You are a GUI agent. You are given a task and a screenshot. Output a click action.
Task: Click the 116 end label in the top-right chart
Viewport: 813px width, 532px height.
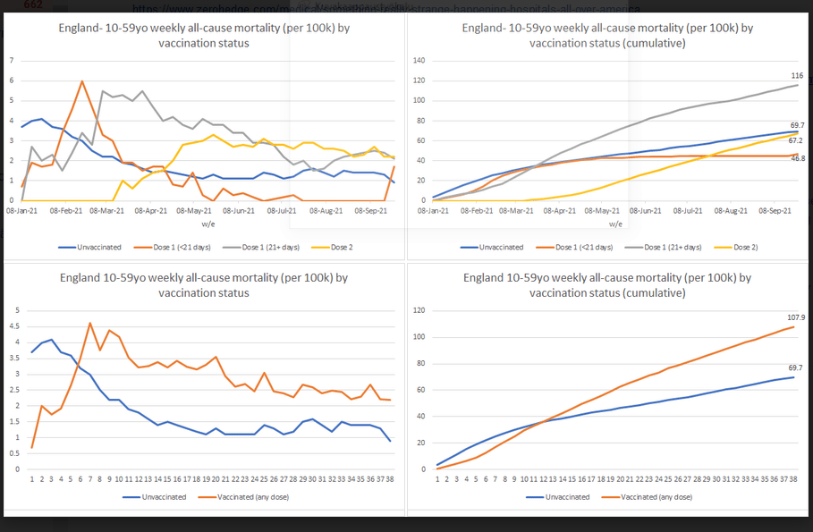[796, 76]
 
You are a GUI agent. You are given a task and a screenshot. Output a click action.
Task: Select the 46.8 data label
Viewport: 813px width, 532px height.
[797, 158]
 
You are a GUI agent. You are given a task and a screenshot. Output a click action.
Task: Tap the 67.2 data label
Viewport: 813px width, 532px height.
[797, 140]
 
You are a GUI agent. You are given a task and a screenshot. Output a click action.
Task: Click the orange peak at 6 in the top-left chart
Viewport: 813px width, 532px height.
[82, 81]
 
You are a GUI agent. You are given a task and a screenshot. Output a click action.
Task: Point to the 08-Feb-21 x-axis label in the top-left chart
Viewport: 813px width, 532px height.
[67, 212]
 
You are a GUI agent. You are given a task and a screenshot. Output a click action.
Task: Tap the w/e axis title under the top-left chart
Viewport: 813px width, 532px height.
[207, 224]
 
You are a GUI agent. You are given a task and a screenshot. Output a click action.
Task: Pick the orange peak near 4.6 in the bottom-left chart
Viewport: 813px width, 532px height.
[90, 323]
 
